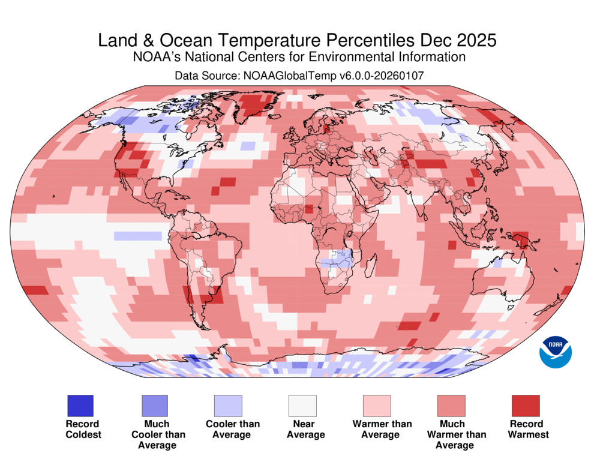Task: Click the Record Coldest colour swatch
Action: pyautogui.click(x=80, y=406)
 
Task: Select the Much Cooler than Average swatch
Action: pyautogui.click(x=155, y=406)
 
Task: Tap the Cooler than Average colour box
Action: pyautogui.click(x=228, y=406)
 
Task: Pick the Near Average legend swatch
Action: pyautogui.click(x=302, y=406)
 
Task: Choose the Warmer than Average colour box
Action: pyautogui.click(x=377, y=406)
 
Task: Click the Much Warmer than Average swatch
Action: pyautogui.click(x=451, y=406)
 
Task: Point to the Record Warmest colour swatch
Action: pyautogui.click(x=526, y=406)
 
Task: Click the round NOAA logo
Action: pyautogui.click(x=556, y=352)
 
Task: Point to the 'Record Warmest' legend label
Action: pyautogui.click(x=526, y=429)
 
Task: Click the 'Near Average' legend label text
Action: pyautogui.click(x=302, y=429)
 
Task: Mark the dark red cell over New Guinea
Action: pyautogui.click(x=521, y=239)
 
